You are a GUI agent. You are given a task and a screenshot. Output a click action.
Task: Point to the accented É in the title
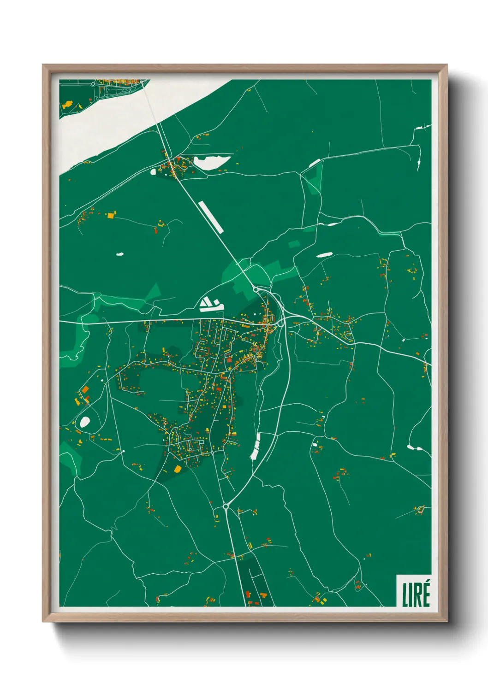pyautogui.click(x=426, y=594)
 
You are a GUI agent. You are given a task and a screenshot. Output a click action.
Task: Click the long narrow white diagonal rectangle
pyautogui.click(x=211, y=217)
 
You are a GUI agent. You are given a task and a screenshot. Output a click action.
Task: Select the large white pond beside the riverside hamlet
pyautogui.click(x=211, y=162)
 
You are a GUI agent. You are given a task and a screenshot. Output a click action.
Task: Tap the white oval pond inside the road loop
pyautogui.click(x=85, y=421)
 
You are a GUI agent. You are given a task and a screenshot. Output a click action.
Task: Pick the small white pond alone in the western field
pyautogui.click(x=120, y=254)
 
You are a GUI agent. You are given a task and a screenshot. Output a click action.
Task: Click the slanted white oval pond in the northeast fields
pyautogui.click(x=324, y=254)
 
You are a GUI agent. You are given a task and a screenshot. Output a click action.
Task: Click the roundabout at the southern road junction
pyautogui.click(x=226, y=506)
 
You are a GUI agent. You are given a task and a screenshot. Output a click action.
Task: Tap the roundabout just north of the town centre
pyautogui.click(x=255, y=289)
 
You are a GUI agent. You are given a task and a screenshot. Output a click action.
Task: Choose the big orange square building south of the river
pyautogui.click(x=111, y=214)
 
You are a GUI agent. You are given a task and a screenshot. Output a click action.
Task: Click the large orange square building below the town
pyautogui.click(x=178, y=469)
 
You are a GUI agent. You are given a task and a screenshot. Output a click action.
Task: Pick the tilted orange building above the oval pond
pyautogui.click(x=85, y=390)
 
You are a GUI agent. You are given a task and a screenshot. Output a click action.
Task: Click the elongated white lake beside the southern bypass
pyautogui.click(x=255, y=446)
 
